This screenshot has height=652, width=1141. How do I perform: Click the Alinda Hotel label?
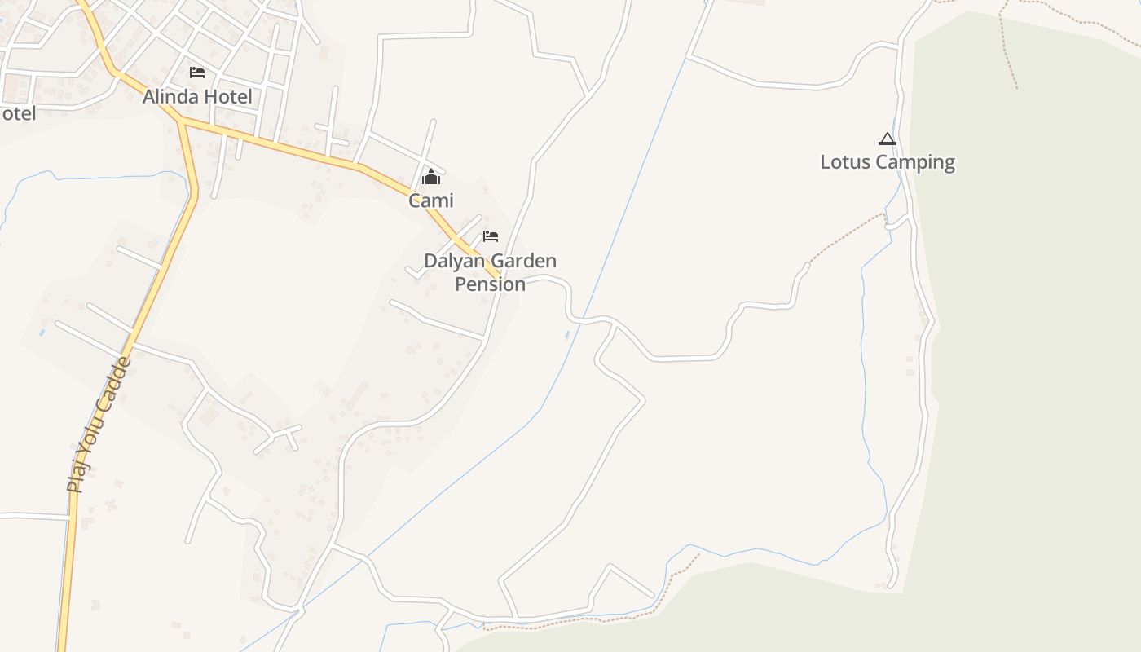197,97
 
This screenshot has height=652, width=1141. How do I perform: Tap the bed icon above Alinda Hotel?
197,73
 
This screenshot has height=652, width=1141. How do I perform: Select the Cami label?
431,200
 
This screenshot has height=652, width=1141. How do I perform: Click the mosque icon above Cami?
431,177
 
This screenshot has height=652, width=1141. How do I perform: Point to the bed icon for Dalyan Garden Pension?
491,236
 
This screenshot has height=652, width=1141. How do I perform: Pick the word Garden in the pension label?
525,262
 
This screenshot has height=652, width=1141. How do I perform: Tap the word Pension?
490,284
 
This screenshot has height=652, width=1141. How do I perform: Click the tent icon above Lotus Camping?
888,139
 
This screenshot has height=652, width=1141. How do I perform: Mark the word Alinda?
170,97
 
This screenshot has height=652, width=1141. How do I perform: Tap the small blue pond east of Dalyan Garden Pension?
567,335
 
